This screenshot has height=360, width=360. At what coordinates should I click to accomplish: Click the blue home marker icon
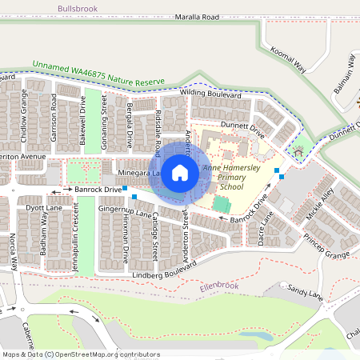pyautogui.click(x=180, y=172)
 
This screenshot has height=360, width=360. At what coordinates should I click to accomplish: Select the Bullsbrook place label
pyautogui.click(x=81, y=8)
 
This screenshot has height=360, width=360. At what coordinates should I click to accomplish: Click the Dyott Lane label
pyautogui.click(x=43, y=207)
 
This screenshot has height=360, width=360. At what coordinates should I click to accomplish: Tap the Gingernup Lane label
pyautogui.click(x=126, y=210)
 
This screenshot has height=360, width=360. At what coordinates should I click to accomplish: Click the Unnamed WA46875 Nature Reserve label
pyautogui.click(x=98, y=74)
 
